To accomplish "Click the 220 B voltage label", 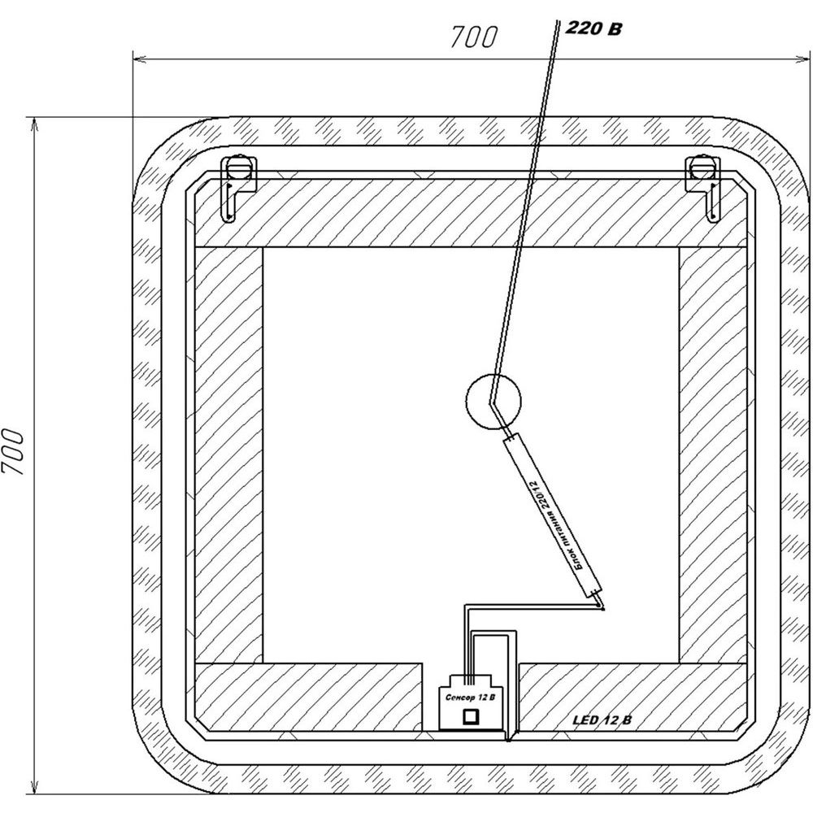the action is pyautogui.click(x=593, y=28).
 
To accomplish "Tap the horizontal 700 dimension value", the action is pyautogui.click(x=474, y=37).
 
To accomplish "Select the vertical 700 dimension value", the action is pyautogui.click(x=13, y=451).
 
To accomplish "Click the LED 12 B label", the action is pyautogui.click(x=602, y=720).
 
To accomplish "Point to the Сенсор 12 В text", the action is pyautogui.click(x=470, y=698).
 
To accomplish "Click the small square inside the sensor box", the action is pyautogui.click(x=471, y=716).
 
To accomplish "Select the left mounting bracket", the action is pyautogui.click(x=238, y=187).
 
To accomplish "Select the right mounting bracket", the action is pyautogui.click(x=703, y=187).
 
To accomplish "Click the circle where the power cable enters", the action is pyautogui.click(x=493, y=402).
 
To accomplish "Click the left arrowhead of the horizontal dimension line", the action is pyautogui.click(x=138, y=59).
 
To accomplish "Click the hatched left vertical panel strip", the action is pyautogui.click(x=228, y=454).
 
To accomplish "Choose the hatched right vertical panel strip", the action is pyautogui.click(x=713, y=454).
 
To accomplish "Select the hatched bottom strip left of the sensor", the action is pyautogui.click(x=308, y=697).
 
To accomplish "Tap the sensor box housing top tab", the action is pyautogui.click(x=470, y=680).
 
